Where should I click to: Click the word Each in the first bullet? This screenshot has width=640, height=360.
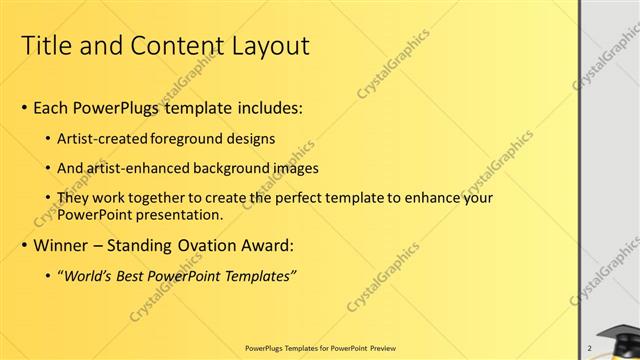(51, 107)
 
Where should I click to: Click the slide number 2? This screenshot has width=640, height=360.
(590, 347)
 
